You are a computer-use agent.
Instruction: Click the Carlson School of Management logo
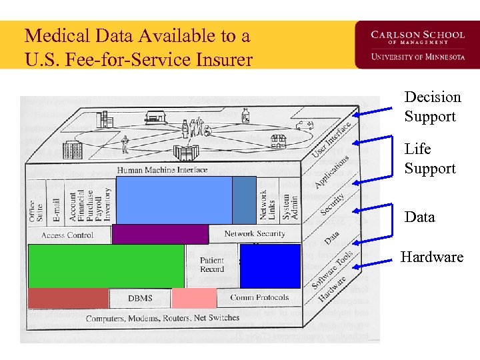409,45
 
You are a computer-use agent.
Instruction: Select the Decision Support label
432,107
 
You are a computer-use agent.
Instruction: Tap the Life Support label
429,159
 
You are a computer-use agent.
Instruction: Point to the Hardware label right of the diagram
431,257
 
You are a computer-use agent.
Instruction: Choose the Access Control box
67,235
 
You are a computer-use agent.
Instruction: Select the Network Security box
254,234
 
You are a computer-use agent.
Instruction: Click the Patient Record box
212,265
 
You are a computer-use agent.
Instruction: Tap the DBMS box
139,298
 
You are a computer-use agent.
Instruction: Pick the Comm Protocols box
259,298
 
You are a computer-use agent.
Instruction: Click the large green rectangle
106,266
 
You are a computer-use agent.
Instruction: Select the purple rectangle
160,234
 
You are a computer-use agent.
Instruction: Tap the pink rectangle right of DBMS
194,298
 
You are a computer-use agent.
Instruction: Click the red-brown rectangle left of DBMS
67,298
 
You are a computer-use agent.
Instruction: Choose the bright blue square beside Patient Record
270,265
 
